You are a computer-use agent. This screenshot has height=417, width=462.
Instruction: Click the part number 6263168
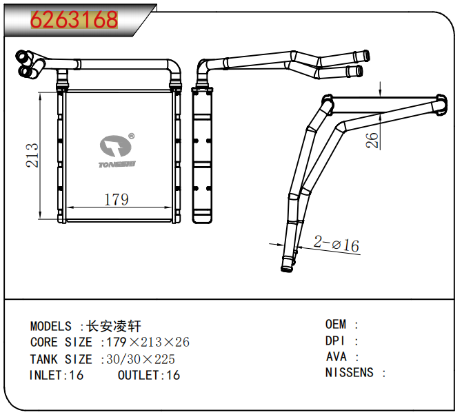tap(74, 20)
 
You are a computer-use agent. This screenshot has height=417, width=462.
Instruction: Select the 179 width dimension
tap(116, 200)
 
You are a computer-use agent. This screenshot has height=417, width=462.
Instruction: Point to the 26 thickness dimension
tap(372, 140)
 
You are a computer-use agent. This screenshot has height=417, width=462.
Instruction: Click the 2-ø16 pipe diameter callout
tap(337, 244)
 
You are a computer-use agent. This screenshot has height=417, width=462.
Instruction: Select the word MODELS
tap(50, 326)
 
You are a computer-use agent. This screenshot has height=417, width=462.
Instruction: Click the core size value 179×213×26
tap(147, 343)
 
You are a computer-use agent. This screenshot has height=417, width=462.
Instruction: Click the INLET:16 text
tap(57, 376)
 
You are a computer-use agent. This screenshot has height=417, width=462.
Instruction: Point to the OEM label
tap(337, 324)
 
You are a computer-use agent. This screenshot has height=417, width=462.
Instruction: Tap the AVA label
tap(337, 357)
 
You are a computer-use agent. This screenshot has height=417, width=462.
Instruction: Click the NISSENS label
tap(350, 373)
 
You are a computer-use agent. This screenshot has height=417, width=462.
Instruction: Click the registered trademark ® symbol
tap(131, 136)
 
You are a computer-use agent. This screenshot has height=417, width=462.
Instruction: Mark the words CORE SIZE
tap(61, 343)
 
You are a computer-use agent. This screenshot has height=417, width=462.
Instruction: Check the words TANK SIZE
tap(61, 359)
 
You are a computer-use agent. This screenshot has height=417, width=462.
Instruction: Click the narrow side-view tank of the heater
tap(203, 155)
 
